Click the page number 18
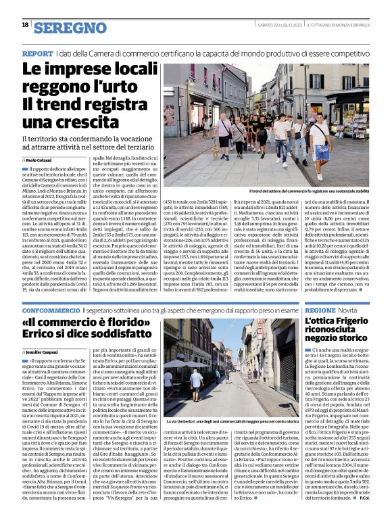(x=25, y=25)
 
